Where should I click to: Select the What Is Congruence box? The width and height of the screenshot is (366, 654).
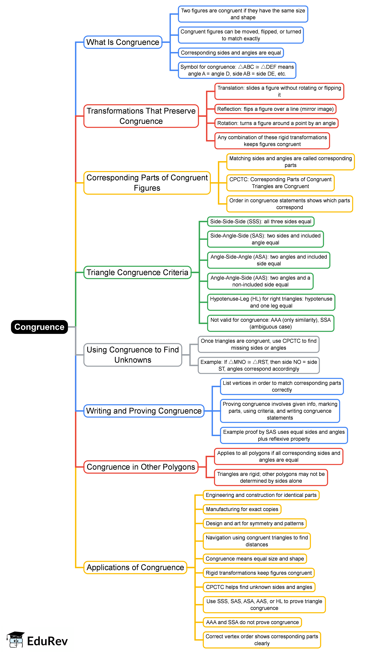click(x=123, y=42)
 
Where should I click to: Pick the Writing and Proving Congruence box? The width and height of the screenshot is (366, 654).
click(x=144, y=411)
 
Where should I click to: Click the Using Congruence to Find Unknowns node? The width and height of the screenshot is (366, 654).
click(x=133, y=355)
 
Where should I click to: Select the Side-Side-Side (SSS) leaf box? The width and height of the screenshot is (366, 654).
click(x=261, y=221)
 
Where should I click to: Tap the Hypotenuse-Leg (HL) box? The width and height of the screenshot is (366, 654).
click(x=271, y=302)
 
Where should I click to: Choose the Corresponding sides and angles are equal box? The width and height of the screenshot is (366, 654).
click(x=231, y=53)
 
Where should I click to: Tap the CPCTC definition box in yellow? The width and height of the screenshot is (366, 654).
click(x=280, y=183)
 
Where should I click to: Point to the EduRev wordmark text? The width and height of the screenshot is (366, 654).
click(x=47, y=641)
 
